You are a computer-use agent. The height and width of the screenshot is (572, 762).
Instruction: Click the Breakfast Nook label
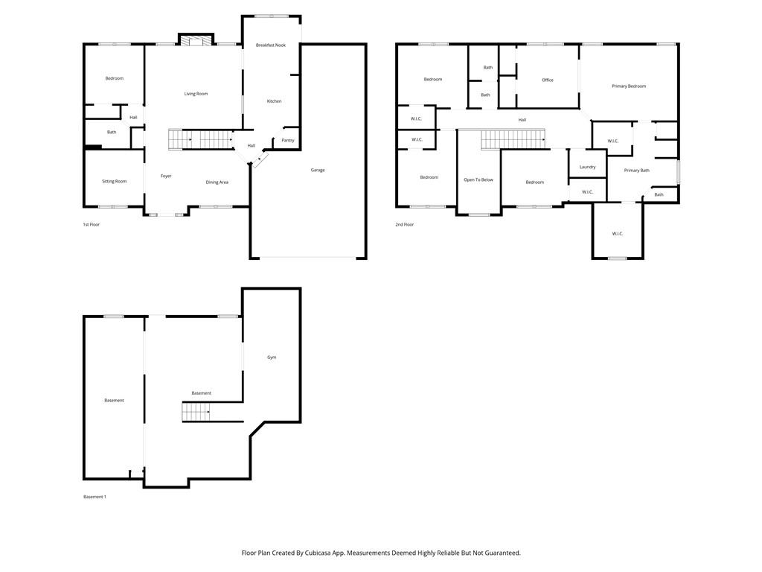pos(271,45)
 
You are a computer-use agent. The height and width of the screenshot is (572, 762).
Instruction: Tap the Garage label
pos(318,170)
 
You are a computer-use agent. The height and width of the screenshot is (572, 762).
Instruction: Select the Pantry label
pos(288,140)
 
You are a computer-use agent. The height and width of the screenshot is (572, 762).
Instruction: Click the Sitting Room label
pos(115,181)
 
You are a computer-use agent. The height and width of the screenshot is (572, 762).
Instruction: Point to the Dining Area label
pos(217,182)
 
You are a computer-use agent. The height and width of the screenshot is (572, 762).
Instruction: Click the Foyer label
pos(166,176)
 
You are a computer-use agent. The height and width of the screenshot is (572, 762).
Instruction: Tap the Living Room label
pos(196,94)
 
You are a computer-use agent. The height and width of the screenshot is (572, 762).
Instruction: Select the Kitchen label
pos(274,101)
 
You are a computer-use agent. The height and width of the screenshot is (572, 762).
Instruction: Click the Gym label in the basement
pos(272,357)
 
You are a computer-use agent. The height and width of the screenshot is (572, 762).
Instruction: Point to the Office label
pos(548,80)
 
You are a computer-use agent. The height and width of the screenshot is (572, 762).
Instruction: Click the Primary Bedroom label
pos(629,86)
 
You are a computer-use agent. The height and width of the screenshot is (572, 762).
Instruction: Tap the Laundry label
pos(587,167)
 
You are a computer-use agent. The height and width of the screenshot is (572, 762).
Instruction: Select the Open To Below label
pos(478,179)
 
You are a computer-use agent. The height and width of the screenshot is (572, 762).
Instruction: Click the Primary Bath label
pos(636,171)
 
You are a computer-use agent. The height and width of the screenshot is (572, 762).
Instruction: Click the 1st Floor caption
pos(91,224)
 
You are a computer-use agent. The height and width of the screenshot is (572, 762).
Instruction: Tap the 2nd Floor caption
pos(404,224)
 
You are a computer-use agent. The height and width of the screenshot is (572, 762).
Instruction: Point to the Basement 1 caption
pos(95,497)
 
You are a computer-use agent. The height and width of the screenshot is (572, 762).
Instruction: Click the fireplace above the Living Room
pos(196,40)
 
